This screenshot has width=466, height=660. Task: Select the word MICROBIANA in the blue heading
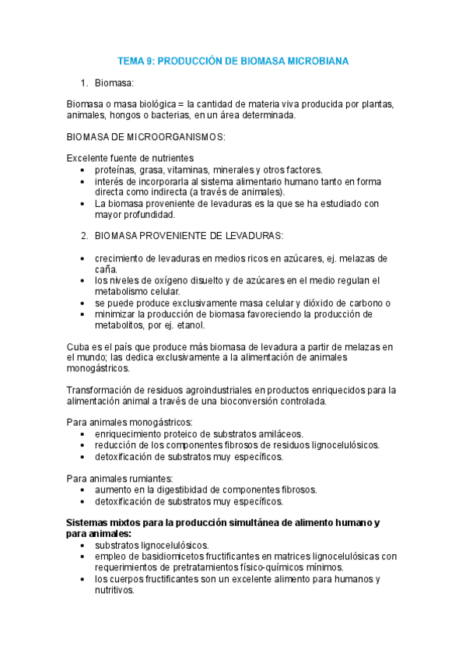point(314,60)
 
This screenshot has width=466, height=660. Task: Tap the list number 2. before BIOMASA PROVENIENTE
point(85,236)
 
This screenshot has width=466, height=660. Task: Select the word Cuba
point(79,346)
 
